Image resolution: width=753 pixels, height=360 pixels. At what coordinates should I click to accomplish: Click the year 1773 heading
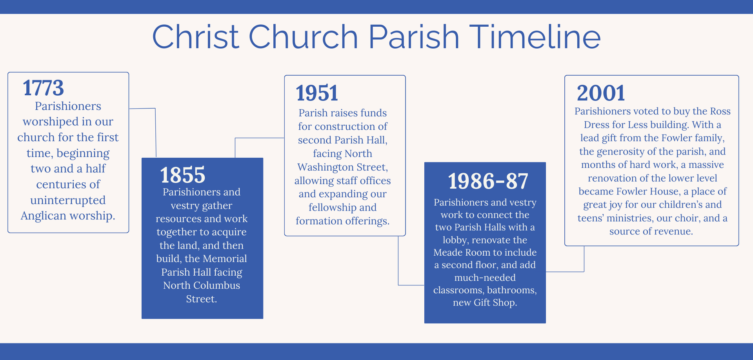[x=43, y=88]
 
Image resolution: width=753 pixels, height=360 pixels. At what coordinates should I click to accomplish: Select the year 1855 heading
[x=183, y=175]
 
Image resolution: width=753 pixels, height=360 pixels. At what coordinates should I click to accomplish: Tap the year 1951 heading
[x=317, y=93]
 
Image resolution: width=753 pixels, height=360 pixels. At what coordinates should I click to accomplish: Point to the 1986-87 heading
[x=488, y=181]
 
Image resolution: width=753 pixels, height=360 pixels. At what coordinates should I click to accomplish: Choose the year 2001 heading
[x=601, y=93]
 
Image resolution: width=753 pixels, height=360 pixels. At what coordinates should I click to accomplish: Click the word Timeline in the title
[x=535, y=37]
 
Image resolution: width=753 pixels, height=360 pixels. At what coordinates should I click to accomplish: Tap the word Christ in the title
[x=195, y=37]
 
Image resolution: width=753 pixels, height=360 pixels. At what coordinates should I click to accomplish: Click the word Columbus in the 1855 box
[x=216, y=285]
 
